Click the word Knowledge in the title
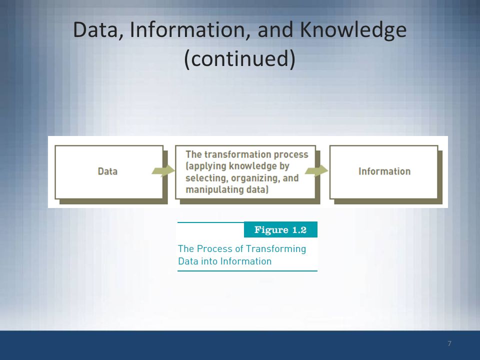[353, 31]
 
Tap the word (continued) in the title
[239, 59]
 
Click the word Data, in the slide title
[98, 30]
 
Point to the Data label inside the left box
[107, 171]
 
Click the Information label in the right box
[384, 171]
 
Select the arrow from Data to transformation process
[163, 170]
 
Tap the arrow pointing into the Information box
[316, 170]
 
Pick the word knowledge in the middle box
[248, 166]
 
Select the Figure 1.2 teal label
[280, 229]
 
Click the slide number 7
[449, 343]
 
